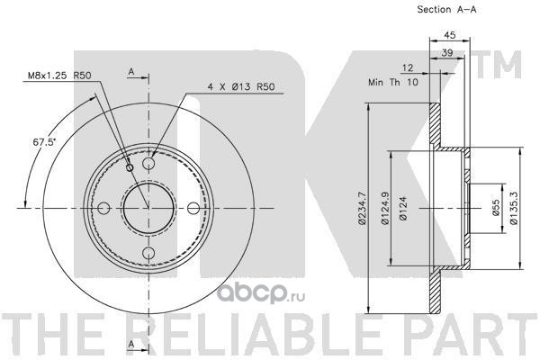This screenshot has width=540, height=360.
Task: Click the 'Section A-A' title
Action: coord(446,10)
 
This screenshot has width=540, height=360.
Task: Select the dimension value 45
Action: coord(449,35)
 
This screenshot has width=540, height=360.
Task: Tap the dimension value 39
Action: coord(447,53)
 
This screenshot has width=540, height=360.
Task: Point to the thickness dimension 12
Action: coord(408,67)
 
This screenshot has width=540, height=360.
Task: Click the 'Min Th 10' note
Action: coord(393,82)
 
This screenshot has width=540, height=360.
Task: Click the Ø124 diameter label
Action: coord(403,208)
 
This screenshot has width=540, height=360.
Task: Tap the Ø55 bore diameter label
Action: coord(496,208)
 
